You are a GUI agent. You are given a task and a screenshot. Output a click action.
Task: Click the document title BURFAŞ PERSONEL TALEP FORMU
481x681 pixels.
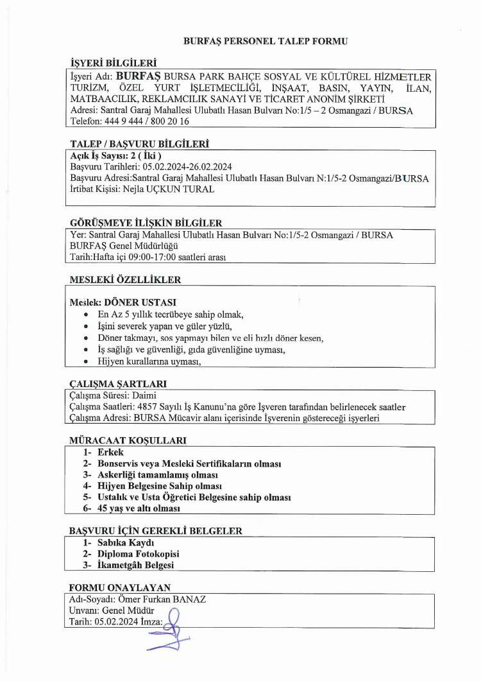(x=265, y=41)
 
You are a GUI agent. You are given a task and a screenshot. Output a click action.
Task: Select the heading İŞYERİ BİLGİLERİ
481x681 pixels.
(x=113, y=62)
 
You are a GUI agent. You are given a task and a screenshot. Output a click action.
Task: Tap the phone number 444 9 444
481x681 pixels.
(x=121, y=121)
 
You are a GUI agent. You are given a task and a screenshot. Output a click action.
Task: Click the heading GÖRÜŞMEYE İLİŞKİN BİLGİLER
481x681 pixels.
(x=146, y=223)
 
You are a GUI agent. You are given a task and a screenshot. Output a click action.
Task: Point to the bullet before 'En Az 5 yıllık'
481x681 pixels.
(x=87, y=315)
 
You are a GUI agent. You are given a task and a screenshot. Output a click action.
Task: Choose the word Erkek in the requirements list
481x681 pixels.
(x=110, y=453)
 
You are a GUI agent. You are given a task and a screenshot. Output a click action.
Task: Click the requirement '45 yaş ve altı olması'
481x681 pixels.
(x=139, y=508)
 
